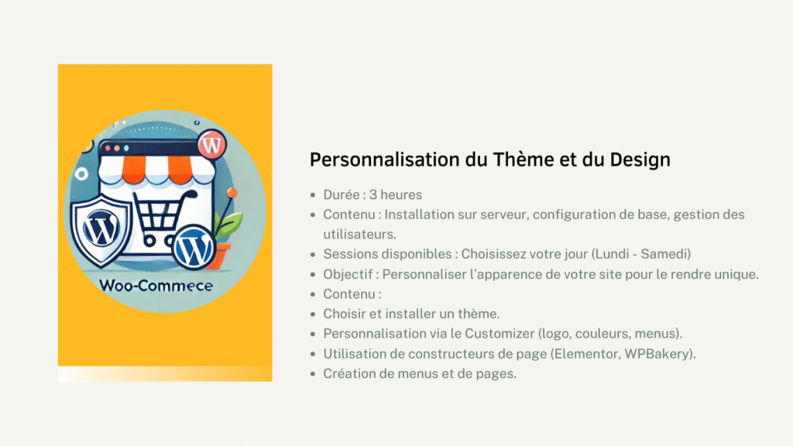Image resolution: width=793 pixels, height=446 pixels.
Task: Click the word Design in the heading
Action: click(640, 160)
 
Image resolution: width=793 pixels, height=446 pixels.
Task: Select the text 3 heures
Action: click(396, 194)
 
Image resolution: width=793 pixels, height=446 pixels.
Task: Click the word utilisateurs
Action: click(359, 234)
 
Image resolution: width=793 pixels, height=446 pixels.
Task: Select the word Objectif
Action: click(348, 274)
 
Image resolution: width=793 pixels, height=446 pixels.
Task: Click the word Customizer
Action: click(499, 334)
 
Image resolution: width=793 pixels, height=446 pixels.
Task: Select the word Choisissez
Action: click(498, 254)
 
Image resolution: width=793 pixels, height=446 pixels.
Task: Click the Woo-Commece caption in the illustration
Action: click(156, 286)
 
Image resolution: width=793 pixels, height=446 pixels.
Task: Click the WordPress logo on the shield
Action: click(101, 228)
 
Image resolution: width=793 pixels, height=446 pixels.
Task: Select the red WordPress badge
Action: click(211, 145)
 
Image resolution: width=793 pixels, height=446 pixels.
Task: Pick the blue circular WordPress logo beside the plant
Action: click(193, 248)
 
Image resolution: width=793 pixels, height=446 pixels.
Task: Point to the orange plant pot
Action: click(221, 256)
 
